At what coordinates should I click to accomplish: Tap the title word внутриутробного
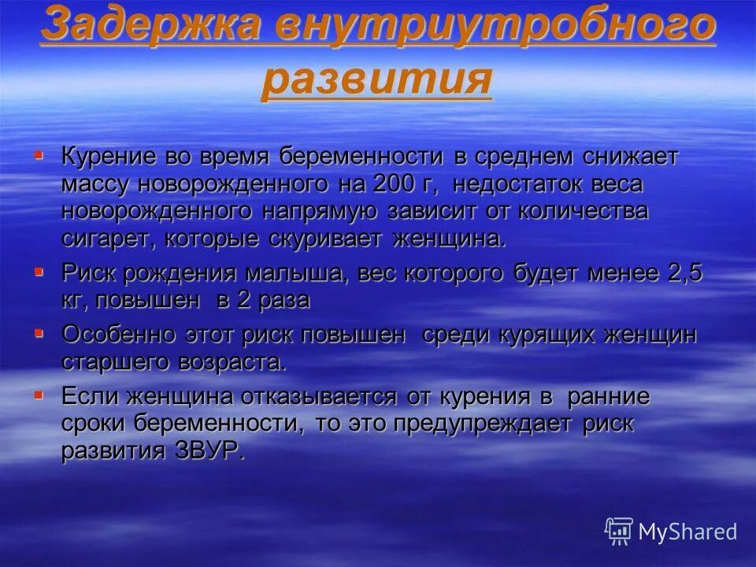[495, 25]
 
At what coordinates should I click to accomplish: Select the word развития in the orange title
[376, 80]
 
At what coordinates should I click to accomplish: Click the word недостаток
[520, 184]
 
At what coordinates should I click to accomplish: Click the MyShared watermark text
[687, 532]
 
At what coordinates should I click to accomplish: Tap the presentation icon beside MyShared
[619, 532]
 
